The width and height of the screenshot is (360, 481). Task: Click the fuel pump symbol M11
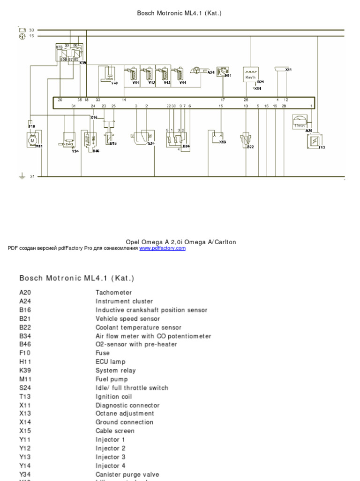click(x=32, y=140)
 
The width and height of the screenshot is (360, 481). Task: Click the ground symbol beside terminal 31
click(x=21, y=177)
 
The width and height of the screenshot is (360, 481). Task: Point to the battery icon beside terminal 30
click(x=22, y=30)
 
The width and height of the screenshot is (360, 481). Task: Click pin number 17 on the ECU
click(x=223, y=100)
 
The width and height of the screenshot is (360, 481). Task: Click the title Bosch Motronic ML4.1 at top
click(x=179, y=13)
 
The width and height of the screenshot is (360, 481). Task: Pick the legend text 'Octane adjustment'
click(x=125, y=413)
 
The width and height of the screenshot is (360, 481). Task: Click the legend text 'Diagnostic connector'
click(x=127, y=405)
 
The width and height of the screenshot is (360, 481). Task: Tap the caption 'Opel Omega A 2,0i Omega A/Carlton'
click(x=181, y=242)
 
